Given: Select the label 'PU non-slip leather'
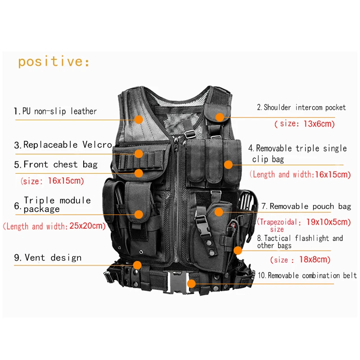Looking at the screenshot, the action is (x=59, y=111).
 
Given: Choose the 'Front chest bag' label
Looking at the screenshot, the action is (x=60, y=165).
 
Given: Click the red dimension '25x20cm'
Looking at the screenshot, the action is (x=87, y=226).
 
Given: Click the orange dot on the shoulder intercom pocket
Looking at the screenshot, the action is (x=219, y=117).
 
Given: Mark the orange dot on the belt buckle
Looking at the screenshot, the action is (x=191, y=283).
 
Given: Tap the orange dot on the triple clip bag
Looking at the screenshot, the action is (x=229, y=165).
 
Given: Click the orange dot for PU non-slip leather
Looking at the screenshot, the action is (x=138, y=120).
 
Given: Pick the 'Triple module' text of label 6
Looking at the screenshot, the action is (x=57, y=200).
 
